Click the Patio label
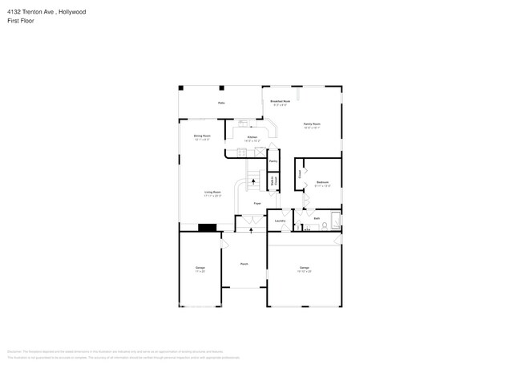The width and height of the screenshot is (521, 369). (x=221, y=103)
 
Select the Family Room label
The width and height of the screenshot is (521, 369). (x=312, y=124)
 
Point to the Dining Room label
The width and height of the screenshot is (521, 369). (x=202, y=138)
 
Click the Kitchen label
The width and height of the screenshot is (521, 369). (x=252, y=139)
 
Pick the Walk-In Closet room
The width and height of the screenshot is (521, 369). (x=273, y=182)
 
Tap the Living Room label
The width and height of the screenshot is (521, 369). (x=212, y=193)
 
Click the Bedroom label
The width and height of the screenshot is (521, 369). (x=323, y=184)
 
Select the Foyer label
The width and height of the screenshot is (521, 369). (x=257, y=205)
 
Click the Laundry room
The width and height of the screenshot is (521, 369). (x=281, y=221)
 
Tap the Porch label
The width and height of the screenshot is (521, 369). (x=244, y=264)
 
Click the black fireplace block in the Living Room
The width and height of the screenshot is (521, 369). (x=208, y=227)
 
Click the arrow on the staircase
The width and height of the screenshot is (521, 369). (x=254, y=183)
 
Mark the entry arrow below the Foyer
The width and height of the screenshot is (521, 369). (x=252, y=229)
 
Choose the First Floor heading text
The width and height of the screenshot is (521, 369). (x=23, y=21)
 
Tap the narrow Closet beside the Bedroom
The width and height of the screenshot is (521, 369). (x=301, y=173)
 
